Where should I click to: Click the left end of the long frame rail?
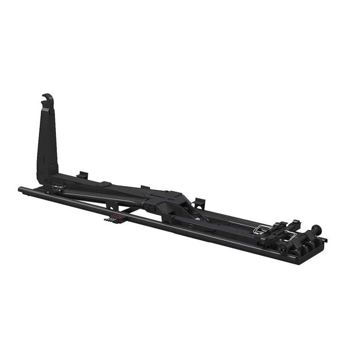coord(21,189)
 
